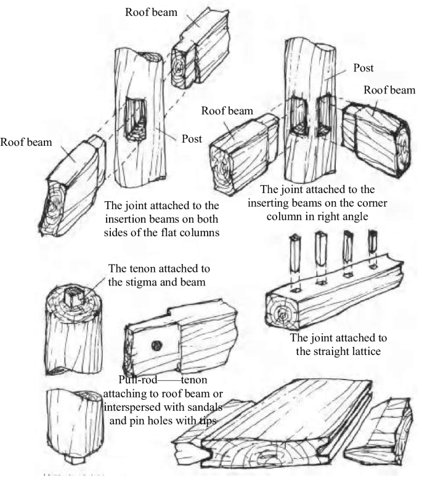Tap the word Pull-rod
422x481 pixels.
[x=136, y=379]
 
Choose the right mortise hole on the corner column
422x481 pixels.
[x=323, y=114]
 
